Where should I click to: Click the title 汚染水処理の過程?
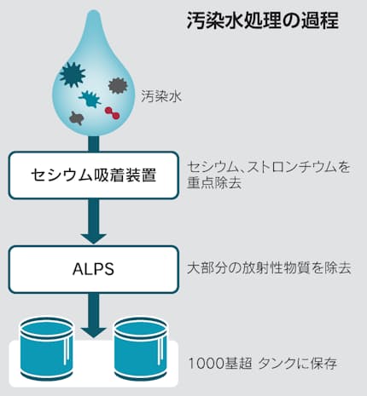263,20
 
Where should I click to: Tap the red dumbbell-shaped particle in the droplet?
112,112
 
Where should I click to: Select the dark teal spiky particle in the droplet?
73,75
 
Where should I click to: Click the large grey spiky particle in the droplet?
118,85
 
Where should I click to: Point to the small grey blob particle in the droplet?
76,118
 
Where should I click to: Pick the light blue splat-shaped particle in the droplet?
90,99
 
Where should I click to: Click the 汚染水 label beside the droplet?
161,96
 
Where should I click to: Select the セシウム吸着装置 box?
94,175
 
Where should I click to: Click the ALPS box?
94,269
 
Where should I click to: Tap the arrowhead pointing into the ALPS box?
94,238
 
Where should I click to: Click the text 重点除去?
214,183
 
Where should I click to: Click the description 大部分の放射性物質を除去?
269,268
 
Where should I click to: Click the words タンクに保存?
297,364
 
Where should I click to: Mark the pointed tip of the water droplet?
94,11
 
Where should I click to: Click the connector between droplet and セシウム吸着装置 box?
94,144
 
